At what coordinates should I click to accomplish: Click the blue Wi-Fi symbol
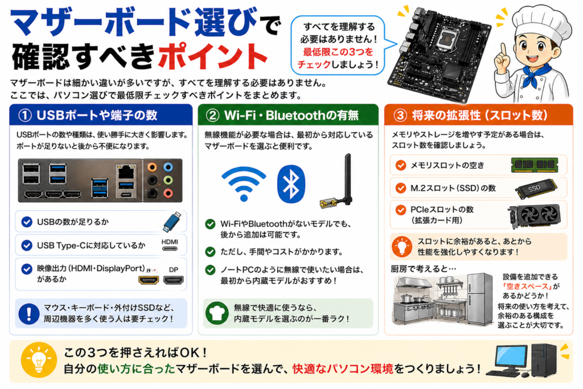point(244,183)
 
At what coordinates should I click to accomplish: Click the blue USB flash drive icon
point(171,222)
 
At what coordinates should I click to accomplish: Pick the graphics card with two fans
point(534,215)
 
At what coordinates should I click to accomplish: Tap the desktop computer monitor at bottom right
point(510,358)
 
